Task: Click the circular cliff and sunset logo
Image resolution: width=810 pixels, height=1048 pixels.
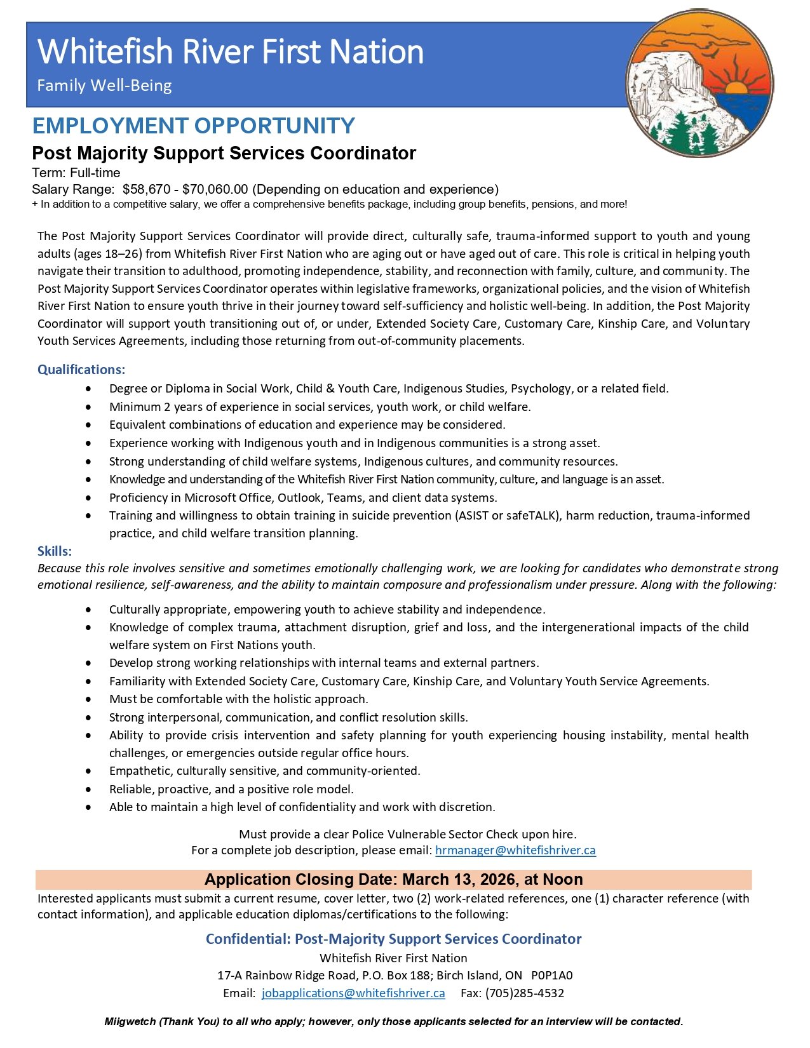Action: point(699,83)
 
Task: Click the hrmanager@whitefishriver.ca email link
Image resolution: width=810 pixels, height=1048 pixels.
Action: point(515,850)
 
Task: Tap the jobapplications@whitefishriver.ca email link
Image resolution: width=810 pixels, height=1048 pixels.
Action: point(353,993)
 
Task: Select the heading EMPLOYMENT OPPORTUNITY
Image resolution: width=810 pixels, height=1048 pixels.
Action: point(194,126)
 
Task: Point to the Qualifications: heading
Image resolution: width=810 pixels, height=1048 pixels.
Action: point(81,370)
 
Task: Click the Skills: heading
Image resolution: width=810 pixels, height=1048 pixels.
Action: point(55,551)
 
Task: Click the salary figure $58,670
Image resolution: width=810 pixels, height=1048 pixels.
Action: point(148,189)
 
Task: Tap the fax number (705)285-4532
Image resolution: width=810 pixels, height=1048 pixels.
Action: point(525,993)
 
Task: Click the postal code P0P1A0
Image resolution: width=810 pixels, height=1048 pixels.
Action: point(551,975)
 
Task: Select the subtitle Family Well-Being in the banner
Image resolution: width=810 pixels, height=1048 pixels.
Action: point(105,86)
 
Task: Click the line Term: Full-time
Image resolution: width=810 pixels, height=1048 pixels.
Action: point(76,173)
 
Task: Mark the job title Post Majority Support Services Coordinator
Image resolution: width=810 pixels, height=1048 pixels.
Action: point(224,153)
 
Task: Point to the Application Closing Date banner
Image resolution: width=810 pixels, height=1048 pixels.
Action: point(393,880)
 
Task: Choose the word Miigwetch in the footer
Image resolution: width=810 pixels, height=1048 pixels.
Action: point(130,1022)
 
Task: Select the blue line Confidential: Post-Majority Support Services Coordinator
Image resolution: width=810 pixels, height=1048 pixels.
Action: point(393,939)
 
